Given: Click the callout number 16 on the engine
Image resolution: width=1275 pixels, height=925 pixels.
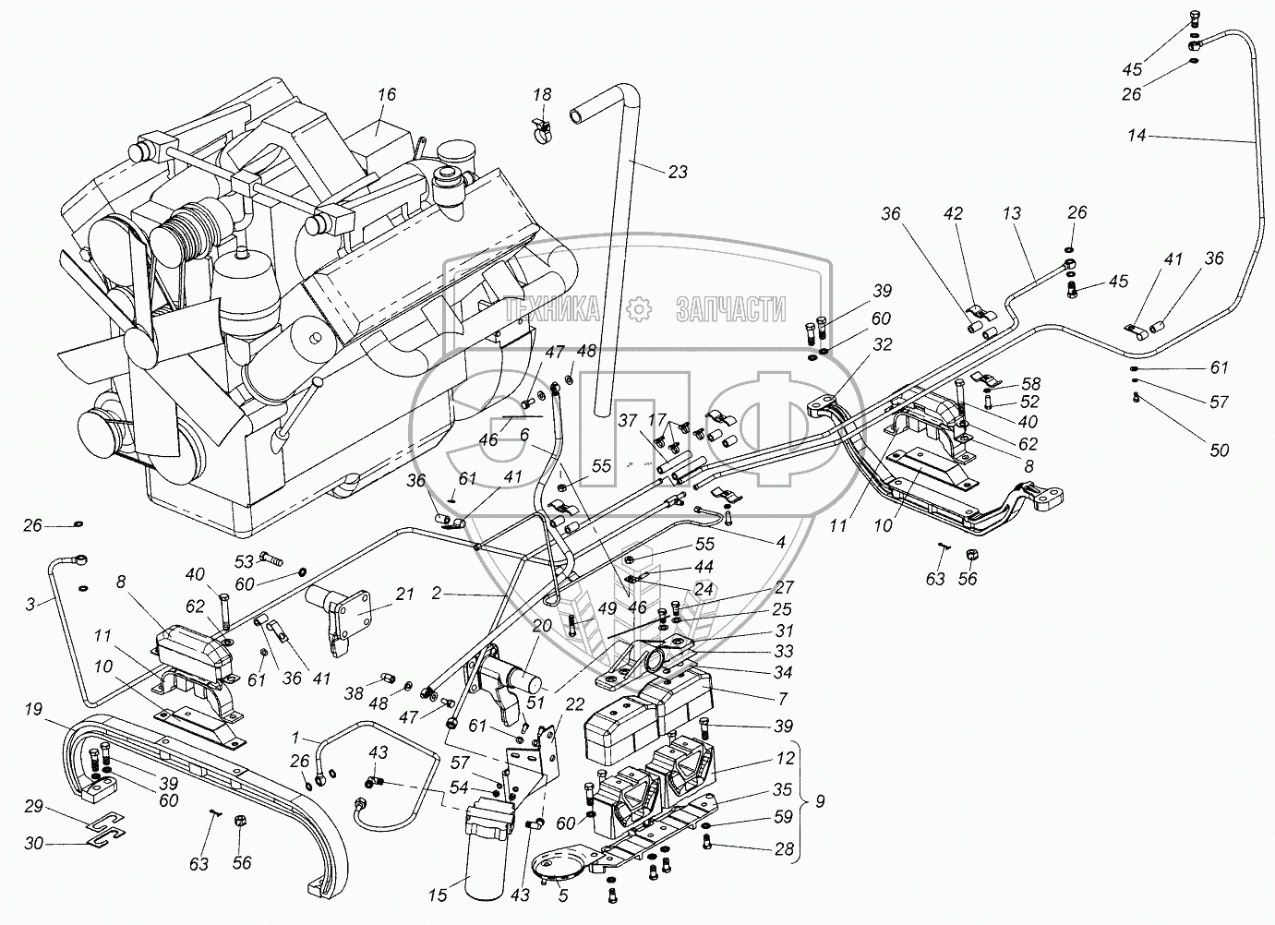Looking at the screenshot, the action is point(387,94).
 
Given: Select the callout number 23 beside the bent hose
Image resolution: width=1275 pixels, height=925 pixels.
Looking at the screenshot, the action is point(678,172).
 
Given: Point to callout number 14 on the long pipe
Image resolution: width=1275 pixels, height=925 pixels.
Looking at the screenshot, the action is point(1137,136).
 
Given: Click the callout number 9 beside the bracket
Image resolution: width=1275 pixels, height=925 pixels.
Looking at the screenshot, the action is point(819,801).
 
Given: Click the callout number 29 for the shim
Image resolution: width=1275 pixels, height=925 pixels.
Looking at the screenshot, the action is point(33,806).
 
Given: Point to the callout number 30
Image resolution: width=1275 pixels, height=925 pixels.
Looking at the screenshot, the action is point(33,843).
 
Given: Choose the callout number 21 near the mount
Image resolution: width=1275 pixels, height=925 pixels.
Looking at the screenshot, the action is point(404,595).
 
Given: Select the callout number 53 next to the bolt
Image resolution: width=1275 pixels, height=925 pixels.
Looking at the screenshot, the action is point(244,562).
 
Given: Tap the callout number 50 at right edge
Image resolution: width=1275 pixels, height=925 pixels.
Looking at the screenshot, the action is point(1220,450).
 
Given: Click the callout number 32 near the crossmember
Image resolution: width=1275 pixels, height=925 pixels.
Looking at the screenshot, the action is point(883,344).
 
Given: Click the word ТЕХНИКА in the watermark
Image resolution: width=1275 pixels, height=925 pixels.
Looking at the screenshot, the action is point(552,309).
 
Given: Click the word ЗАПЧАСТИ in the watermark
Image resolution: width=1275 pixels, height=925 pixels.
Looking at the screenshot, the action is point(731,309).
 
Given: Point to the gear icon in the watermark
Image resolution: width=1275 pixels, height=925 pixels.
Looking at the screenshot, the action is point(638,309).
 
